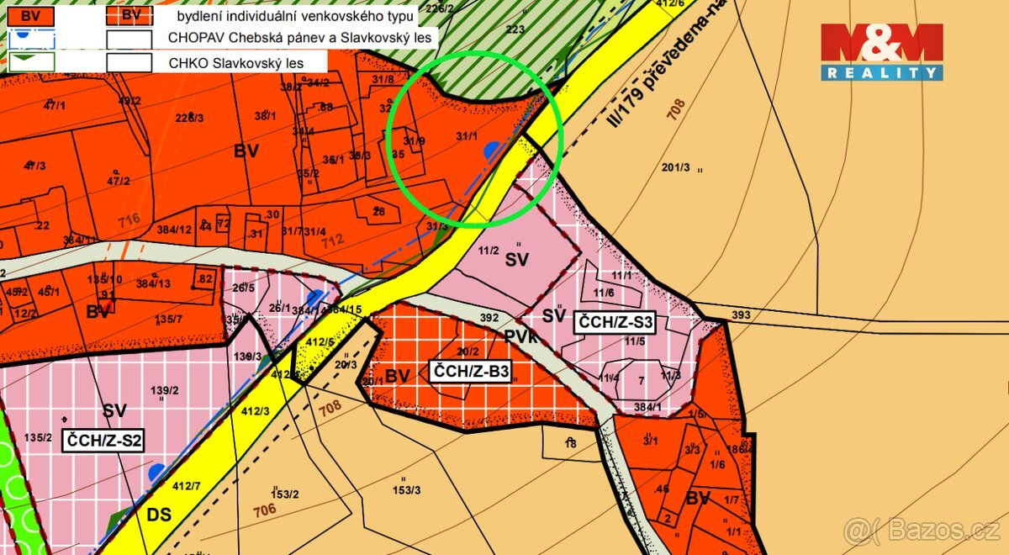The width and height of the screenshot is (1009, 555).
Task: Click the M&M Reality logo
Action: click(881, 51)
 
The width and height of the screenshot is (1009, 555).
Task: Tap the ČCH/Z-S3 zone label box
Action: click(614, 320)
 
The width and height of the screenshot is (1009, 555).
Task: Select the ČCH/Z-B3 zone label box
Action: click(470, 371)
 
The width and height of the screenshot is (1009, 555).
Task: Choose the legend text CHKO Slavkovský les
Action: click(235, 62)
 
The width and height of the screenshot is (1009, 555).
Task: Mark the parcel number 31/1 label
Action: click(467, 136)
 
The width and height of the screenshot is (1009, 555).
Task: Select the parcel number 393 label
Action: click(741, 315)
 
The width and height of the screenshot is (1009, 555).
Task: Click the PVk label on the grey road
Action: click(521, 335)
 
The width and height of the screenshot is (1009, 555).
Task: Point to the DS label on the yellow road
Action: click(159, 514)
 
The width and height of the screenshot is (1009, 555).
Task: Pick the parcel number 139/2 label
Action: click(164, 390)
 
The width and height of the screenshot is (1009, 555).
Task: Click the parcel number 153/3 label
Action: click(406, 490)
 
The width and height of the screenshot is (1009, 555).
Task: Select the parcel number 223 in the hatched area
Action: click(515, 29)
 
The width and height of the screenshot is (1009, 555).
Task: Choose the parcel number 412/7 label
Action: click(186, 485)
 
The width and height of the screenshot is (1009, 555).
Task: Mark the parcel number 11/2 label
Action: click(489, 250)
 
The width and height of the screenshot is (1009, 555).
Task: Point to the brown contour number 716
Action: click(129, 219)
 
